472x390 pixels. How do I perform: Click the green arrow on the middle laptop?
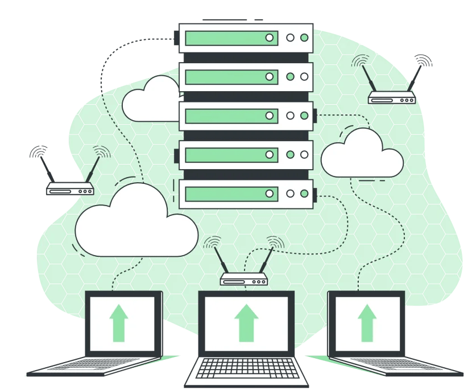click(246, 322)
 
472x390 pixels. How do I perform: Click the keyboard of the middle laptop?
click(246, 370)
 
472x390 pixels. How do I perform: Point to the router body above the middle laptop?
click(244, 280)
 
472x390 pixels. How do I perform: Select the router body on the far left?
click(69, 190)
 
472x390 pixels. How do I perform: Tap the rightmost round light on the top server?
click(304, 38)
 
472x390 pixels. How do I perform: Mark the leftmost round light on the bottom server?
click(270, 194)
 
